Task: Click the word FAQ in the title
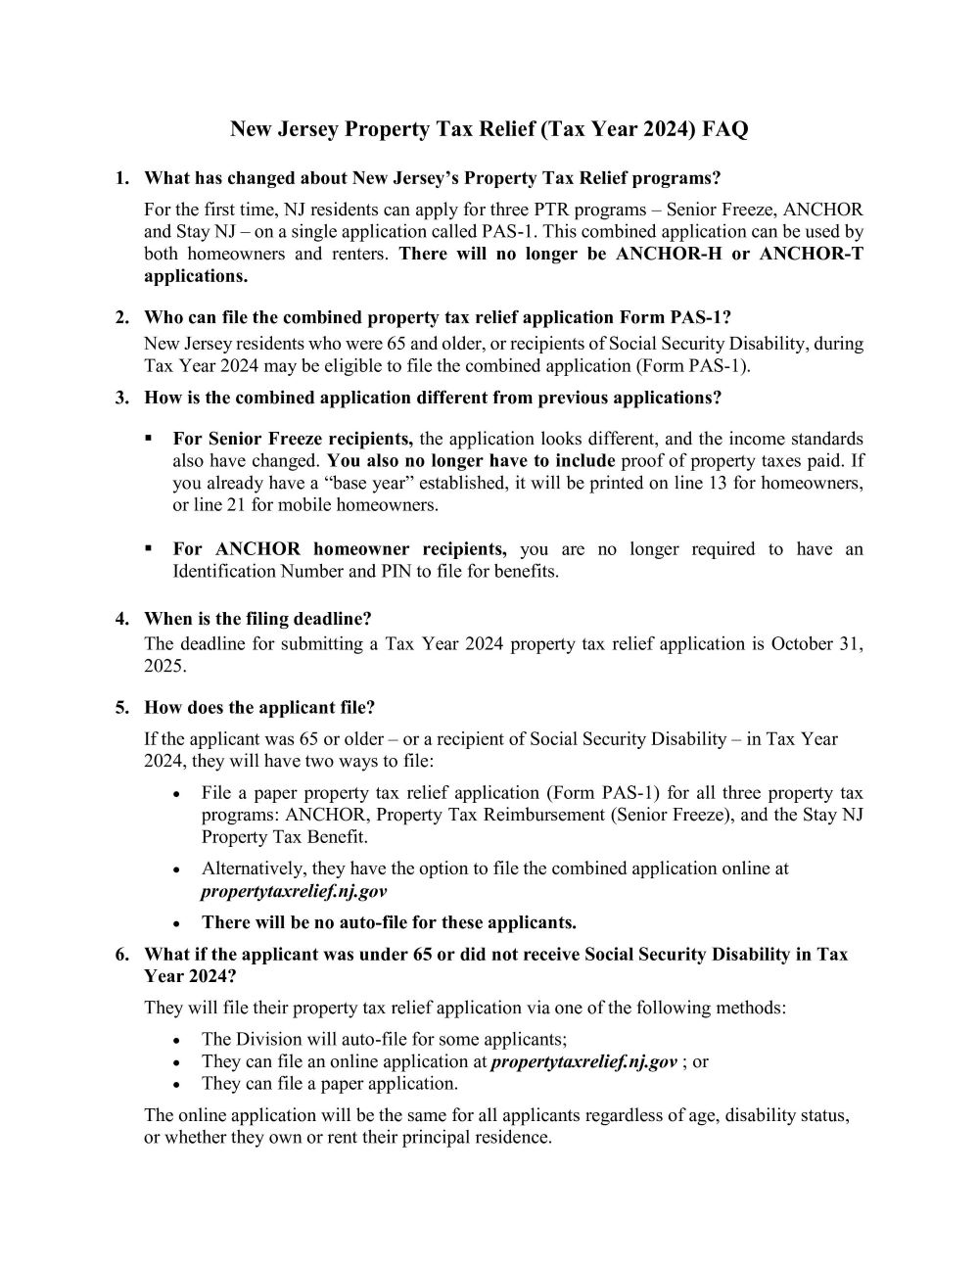725,129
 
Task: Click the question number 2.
121,317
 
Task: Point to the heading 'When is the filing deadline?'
257,619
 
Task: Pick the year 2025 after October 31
163,666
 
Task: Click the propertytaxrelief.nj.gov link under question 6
583,1061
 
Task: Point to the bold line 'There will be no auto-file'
389,922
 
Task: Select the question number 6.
121,954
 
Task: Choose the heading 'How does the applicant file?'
259,707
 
